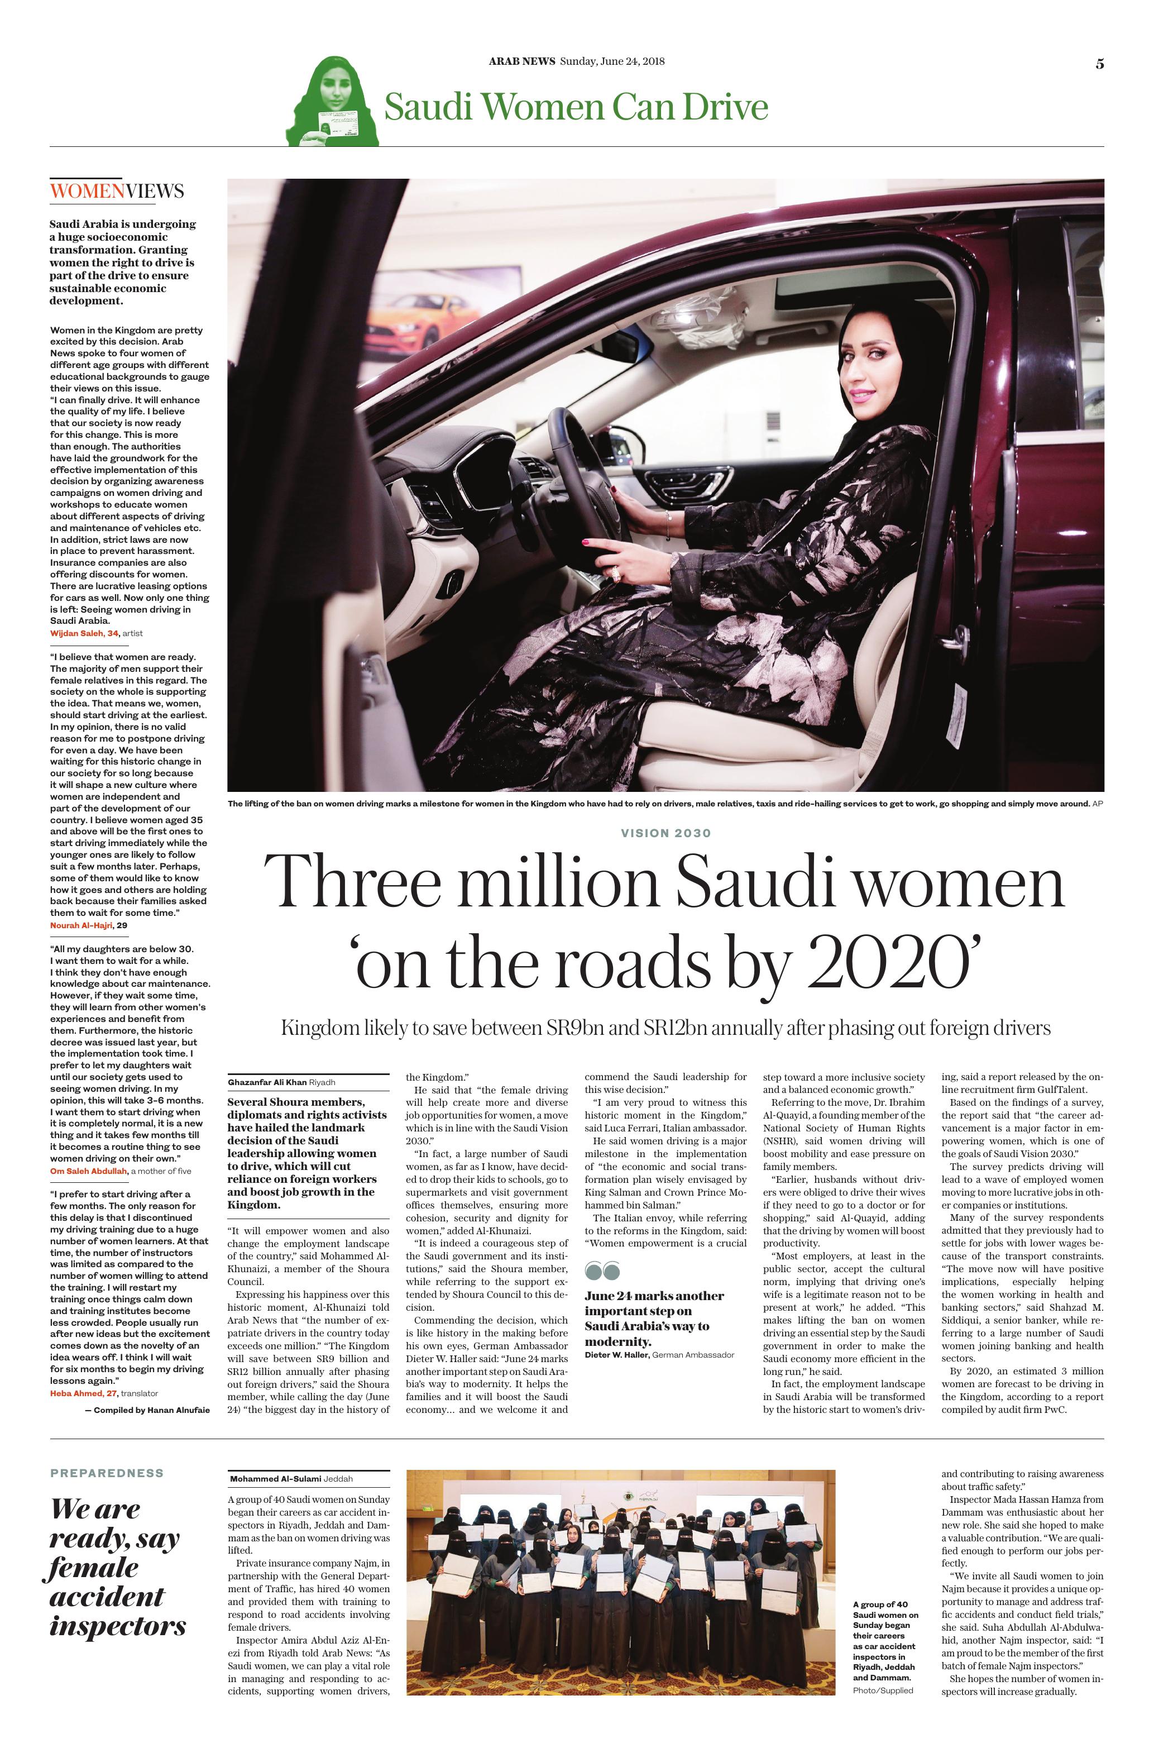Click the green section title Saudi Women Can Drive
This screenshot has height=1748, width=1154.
[x=576, y=107]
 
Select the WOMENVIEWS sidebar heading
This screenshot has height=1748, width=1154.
[x=116, y=192]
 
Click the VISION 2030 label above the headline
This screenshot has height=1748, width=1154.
[x=666, y=833]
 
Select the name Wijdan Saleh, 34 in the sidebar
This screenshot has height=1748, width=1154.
[x=84, y=633]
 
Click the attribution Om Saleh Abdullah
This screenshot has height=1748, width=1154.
[x=88, y=1170]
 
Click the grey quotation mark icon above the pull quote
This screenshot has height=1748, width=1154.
[x=602, y=1271]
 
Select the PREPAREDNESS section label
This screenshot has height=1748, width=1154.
[x=107, y=1473]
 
